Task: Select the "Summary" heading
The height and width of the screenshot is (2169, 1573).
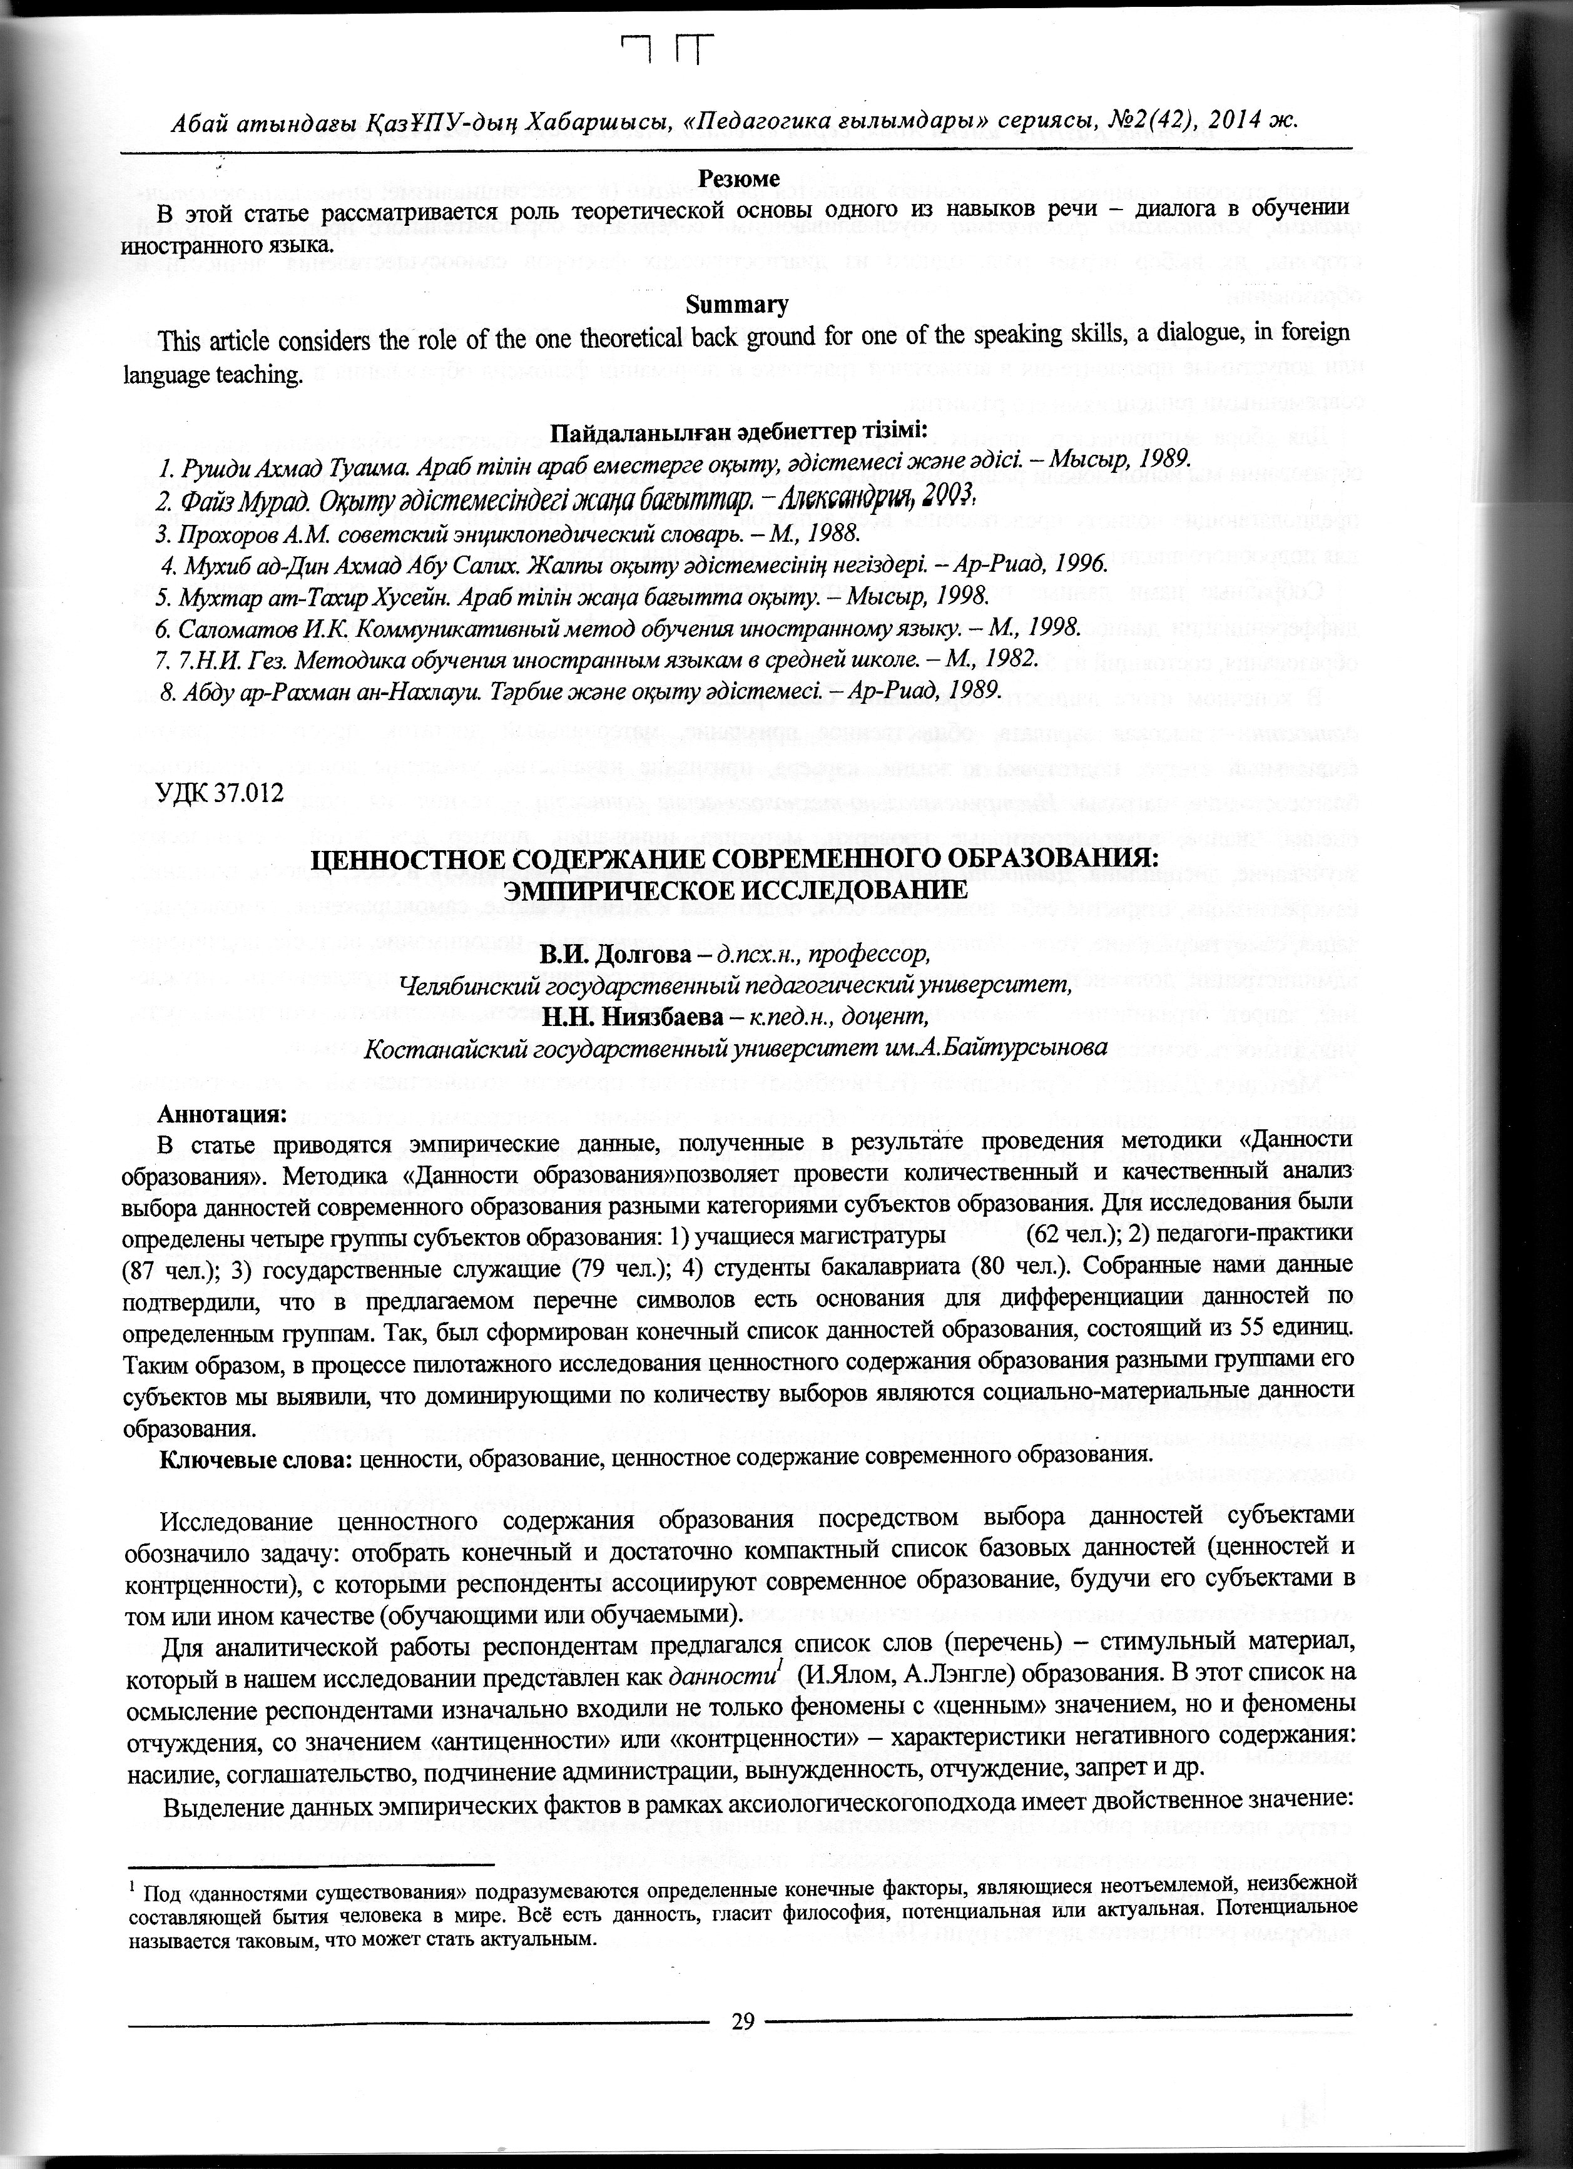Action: click(x=737, y=305)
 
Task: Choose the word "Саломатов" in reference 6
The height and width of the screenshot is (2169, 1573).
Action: click(x=226, y=627)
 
